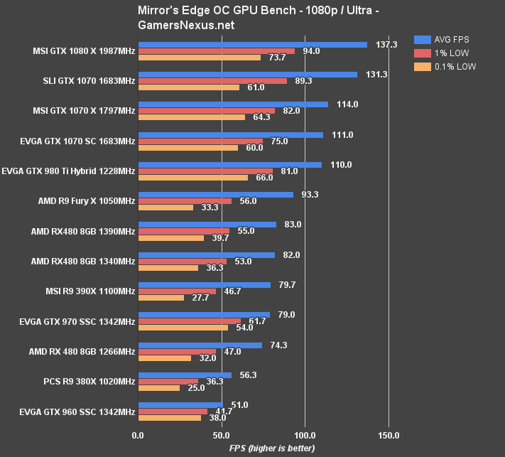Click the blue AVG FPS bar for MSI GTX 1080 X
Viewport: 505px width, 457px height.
252,44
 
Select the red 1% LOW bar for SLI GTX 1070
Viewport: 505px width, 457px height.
212,81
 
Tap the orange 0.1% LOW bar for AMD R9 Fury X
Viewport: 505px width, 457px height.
165,208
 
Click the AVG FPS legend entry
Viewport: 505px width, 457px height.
445,39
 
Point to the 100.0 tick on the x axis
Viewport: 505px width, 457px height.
305,434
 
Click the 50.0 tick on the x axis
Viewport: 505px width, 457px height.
222,434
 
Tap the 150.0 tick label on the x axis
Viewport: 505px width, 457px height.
388,434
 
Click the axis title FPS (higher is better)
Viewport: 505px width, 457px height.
273,448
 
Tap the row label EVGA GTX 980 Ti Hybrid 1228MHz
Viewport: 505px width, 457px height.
69,171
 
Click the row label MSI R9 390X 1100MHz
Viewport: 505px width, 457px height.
89,291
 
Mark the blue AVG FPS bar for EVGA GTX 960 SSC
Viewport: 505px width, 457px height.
180,404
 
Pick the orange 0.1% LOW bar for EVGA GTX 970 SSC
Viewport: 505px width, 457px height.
183,328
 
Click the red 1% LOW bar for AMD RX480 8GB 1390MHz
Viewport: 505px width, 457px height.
184,231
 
